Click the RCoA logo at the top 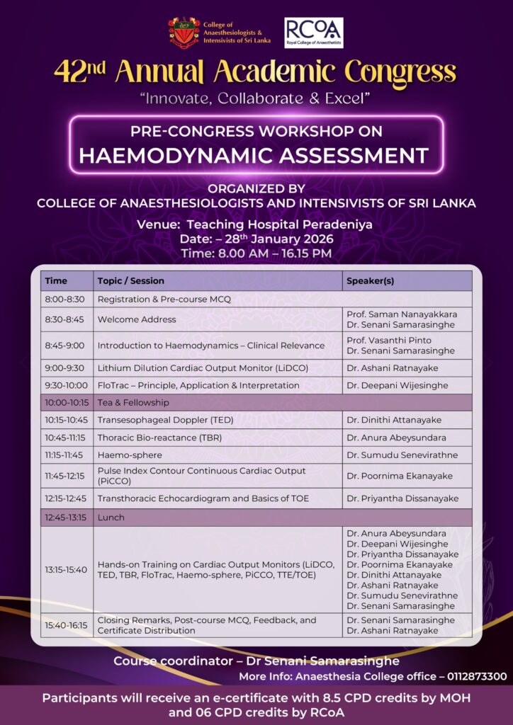click(x=313, y=33)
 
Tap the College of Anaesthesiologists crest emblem click(x=184, y=33)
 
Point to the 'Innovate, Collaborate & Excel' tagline click(x=256, y=98)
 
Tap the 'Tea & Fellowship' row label click(x=133, y=402)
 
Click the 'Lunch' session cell click(x=111, y=517)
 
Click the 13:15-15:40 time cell click(x=66, y=569)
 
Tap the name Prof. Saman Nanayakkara click(x=402, y=314)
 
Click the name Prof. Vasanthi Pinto click(x=389, y=341)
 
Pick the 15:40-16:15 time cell click(x=66, y=625)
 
